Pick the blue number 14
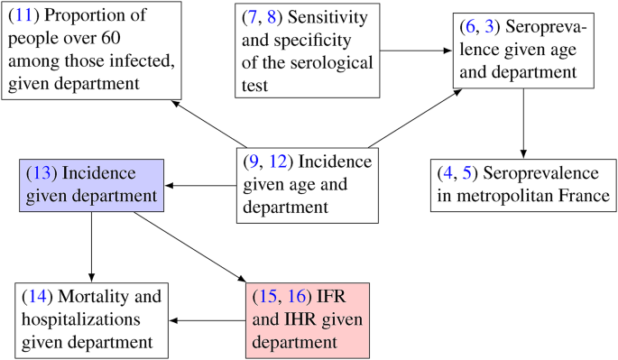pyautogui.click(x=41, y=296)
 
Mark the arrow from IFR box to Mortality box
pyautogui.click(x=208, y=319)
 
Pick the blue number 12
pyautogui.click(x=276, y=162)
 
